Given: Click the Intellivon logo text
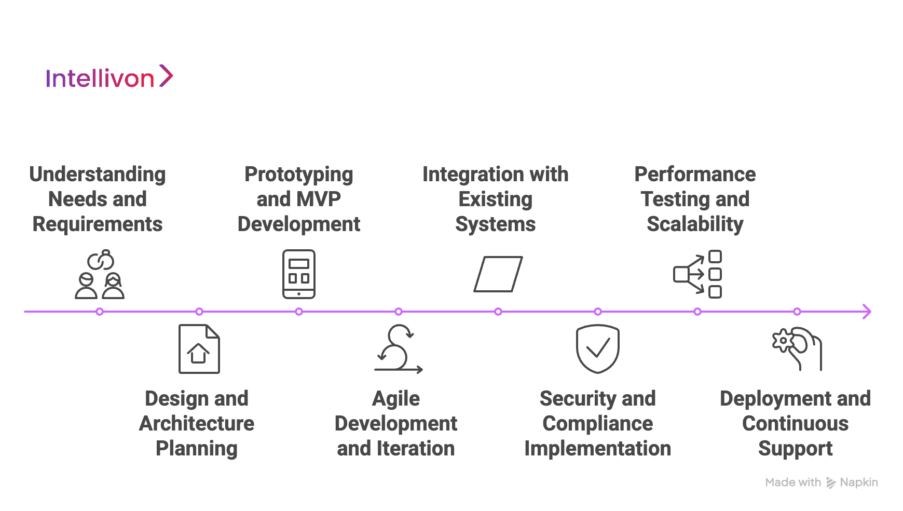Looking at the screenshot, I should point(100,79).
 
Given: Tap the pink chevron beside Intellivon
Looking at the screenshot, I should point(166,76).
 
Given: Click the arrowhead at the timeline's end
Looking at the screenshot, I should point(867,312).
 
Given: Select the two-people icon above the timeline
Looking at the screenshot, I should point(100,275).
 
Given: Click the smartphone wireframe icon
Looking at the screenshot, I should point(299,274).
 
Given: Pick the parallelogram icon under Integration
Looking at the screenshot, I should point(498,274).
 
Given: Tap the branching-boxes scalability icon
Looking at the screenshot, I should point(697,274).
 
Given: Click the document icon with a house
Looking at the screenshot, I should point(199,349).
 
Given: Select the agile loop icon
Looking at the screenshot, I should point(399,349).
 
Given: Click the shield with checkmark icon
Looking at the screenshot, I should point(598,349).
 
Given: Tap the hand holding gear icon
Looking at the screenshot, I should point(797,349).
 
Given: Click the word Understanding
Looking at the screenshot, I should point(98,175).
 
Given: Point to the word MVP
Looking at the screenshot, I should point(320,199).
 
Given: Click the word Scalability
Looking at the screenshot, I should point(695,224).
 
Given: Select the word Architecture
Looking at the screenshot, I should point(197,424).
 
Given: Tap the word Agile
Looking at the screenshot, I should point(396,399).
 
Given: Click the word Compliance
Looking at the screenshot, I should point(598,424).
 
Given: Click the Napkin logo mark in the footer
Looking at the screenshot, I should point(831,483).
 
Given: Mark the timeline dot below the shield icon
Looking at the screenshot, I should point(598,312).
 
